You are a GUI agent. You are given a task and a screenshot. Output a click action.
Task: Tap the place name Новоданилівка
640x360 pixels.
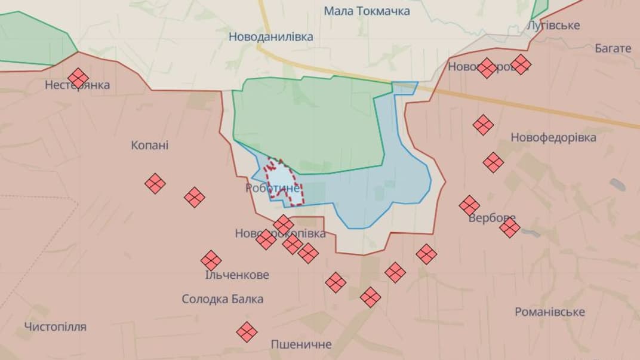pos(270,36)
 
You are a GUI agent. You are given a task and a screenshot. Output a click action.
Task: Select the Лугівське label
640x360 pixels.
pos(554,25)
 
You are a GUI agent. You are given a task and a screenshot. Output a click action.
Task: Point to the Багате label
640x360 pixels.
pos(613,48)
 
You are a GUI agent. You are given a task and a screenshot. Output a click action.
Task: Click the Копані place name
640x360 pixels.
pos(149,145)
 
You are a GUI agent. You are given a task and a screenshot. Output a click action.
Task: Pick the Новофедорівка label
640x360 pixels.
pos(553,138)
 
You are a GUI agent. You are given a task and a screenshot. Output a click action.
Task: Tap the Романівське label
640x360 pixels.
pos(549,312)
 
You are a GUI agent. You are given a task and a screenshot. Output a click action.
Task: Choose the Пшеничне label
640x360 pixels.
pos(301,344)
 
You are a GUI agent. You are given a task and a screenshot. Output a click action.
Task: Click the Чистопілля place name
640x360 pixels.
pos(55,327)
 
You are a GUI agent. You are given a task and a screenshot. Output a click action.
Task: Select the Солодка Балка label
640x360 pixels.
pos(222,299)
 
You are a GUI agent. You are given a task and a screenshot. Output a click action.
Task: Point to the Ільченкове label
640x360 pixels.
pos(236,275)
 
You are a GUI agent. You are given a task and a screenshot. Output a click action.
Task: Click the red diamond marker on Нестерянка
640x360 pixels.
pos(78,78)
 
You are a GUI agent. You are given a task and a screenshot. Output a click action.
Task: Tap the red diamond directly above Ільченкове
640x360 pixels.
pos(211,260)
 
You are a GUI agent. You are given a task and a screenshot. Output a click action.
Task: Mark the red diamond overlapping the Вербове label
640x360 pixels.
pos(509,227)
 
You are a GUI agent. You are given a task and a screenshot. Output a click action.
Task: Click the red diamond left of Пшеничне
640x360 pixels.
pos(247,331)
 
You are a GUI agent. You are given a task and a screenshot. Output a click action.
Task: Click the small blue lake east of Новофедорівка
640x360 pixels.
pos(617,184)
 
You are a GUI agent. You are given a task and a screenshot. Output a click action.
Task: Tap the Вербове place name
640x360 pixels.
pos(491,218)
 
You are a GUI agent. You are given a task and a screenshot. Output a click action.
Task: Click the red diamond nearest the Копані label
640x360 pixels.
pos(155,183)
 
